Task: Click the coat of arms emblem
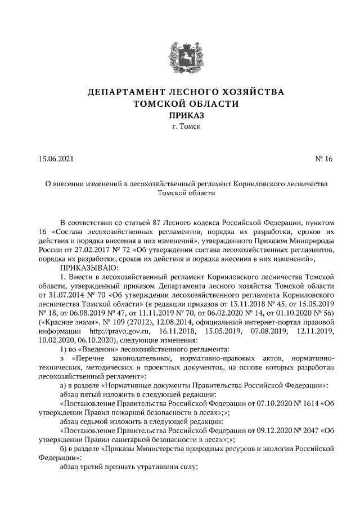[180, 56]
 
